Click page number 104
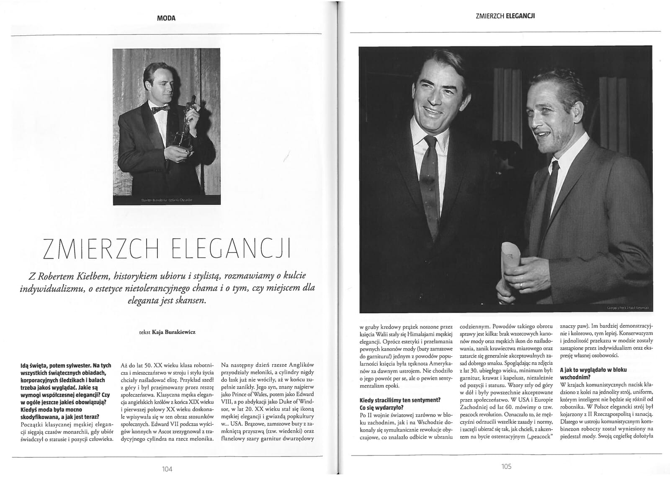[x=167, y=469]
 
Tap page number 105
[x=506, y=466]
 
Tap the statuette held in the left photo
[x=188, y=122]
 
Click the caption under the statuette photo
[x=166, y=201]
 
